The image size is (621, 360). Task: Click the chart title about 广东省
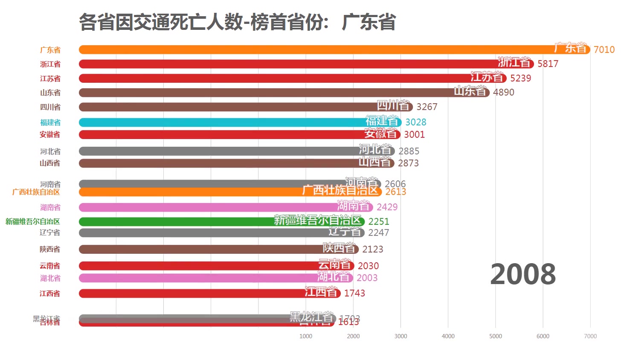click(x=237, y=22)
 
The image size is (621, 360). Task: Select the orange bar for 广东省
click(x=299, y=49)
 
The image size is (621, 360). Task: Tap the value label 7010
click(x=604, y=49)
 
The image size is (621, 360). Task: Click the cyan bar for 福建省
click(x=222, y=122)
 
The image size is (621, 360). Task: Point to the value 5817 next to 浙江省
click(x=548, y=64)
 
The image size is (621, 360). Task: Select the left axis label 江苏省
click(x=50, y=78)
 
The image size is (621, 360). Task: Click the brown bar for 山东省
click(x=256, y=93)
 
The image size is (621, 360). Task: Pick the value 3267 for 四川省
click(x=427, y=107)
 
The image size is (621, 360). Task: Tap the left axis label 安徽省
click(x=50, y=135)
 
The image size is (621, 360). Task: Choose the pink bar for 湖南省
click(x=205, y=207)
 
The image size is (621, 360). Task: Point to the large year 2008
click(x=523, y=274)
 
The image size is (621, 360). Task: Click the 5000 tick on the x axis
click(x=496, y=336)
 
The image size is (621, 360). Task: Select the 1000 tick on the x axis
click(x=306, y=336)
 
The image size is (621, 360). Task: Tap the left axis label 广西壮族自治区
click(x=36, y=192)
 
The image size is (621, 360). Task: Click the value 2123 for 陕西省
click(x=373, y=249)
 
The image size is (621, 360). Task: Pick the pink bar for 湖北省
click(x=196, y=278)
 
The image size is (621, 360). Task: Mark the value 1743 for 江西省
click(x=354, y=293)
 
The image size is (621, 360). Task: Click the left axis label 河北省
click(x=50, y=151)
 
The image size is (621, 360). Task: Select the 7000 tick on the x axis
click(x=590, y=336)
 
